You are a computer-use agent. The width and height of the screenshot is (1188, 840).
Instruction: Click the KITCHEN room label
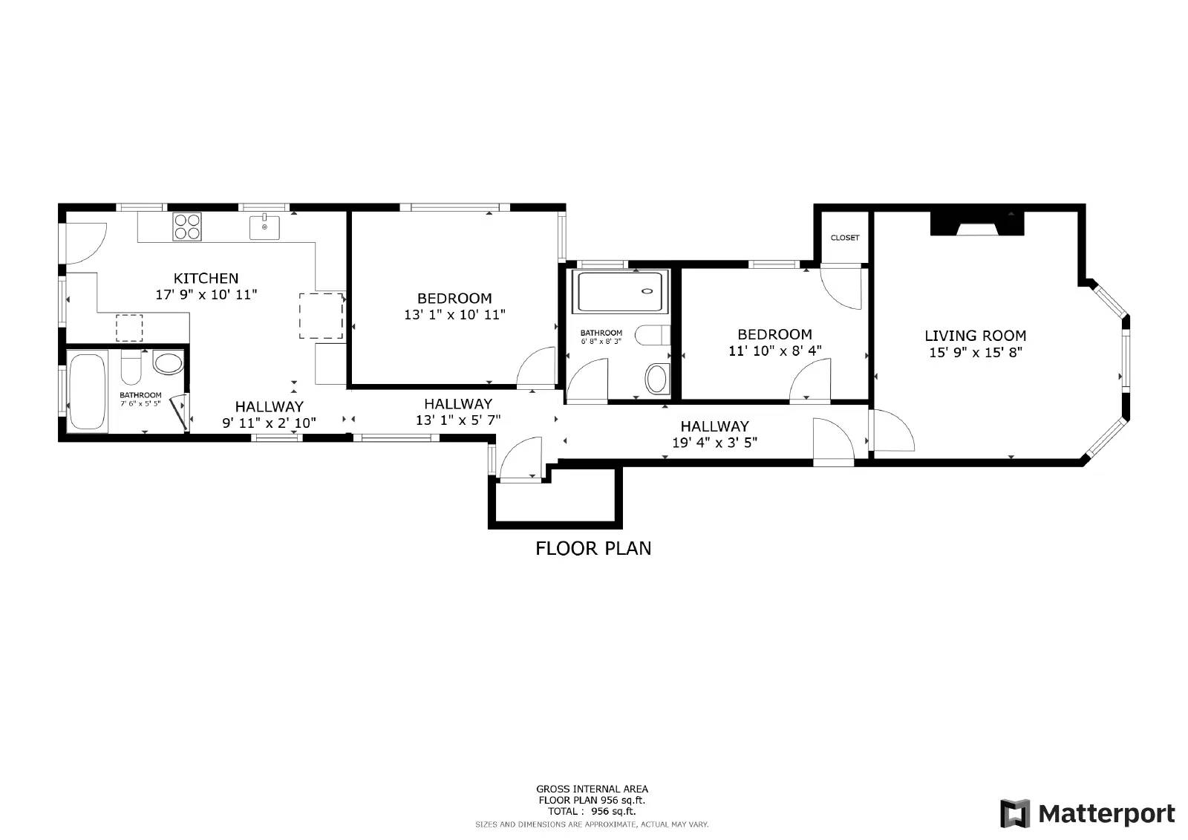click(206, 279)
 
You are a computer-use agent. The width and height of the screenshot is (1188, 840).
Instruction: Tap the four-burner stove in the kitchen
click(187, 226)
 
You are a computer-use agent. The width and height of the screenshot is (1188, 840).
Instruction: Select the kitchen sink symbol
click(264, 226)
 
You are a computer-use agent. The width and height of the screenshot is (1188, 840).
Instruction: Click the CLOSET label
click(844, 238)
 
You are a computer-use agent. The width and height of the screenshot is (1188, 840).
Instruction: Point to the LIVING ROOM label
click(975, 336)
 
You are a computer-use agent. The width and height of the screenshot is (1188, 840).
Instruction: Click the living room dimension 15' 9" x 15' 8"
click(975, 353)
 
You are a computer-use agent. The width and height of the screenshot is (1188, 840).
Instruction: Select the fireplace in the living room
click(976, 224)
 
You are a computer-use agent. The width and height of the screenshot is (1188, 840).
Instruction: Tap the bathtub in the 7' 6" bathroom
click(87, 391)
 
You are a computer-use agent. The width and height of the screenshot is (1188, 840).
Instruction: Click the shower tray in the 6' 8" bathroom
click(622, 292)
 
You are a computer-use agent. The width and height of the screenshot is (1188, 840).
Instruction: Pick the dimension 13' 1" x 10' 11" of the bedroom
click(454, 315)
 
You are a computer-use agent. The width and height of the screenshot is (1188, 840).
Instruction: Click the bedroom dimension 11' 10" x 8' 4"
click(774, 351)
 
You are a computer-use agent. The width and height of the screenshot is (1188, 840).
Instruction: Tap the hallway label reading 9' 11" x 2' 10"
click(269, 423)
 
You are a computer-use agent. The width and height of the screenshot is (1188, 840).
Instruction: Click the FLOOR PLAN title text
click(593, 549)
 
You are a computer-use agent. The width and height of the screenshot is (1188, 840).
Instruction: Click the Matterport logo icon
click(1014, 813)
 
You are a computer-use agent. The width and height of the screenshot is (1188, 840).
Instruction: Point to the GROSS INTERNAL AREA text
click(592, 789)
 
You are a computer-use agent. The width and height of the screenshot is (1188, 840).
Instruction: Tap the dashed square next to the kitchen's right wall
click(322, 316)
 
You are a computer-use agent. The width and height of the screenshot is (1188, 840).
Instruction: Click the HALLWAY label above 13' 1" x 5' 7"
click(457, 404)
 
